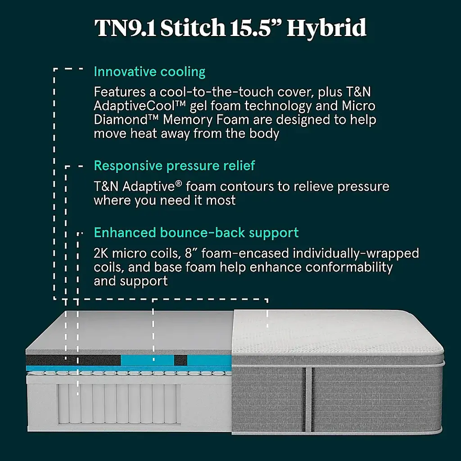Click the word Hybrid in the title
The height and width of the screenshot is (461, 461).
(x=326, y=27)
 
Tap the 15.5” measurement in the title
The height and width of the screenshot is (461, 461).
(x=256, y=27)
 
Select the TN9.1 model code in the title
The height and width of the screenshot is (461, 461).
(x=125, y=27)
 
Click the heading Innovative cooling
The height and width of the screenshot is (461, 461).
(x=149, y=72)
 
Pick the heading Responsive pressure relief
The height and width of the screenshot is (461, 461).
(x=174, y=166)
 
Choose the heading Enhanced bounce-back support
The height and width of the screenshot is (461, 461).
(x=196, y=233)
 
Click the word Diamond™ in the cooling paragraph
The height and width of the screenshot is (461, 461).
(x=126, y=120)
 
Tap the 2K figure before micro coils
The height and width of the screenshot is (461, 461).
(x=101, y=253)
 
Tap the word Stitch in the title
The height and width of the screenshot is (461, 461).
(x=193, y=27)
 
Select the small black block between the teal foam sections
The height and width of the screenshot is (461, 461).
(x=181, y=360)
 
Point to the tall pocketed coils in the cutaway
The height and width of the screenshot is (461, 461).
(x=118, y=403)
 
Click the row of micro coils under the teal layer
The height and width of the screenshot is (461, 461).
(x=129, y=373)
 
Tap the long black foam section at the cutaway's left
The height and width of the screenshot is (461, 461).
(x=73, y=360)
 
